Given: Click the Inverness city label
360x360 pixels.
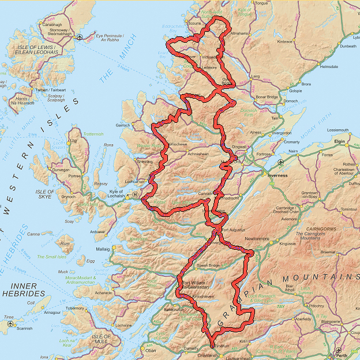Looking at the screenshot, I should pyautogui.click(x=277, y=175).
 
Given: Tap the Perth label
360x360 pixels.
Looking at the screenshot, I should pyautogui.click(x=343, y=356).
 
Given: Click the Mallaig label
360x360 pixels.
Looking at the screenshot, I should pyautogui.click(x=103, y=249).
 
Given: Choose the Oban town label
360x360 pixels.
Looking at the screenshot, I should pyautogui.click(x=150, y=350).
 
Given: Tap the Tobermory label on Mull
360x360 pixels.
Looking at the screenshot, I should pyautogui.click(x=75, y=308).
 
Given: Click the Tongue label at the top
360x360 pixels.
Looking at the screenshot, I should pyautogui.click(x=261, y=3).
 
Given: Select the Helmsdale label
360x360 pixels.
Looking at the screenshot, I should pyautogui.click(x=328, y=66).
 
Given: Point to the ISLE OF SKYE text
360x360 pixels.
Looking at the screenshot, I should pyautogui.click(x=44, y=194).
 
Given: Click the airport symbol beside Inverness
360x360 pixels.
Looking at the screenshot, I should pyautogui.click(x=280, y=162).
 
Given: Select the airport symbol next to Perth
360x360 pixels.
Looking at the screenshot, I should pyautogui.click(x=338, y=350).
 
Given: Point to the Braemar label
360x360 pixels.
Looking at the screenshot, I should pyautogui.click(x=328, y=252).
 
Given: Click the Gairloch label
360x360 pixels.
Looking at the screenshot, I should pyautogui.click(x=122, y=125).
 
